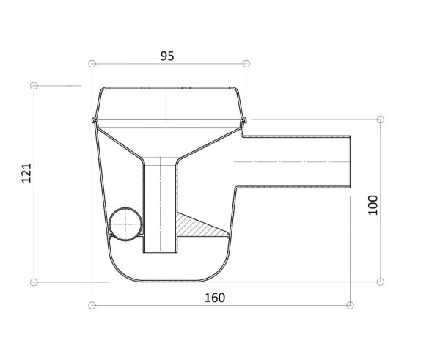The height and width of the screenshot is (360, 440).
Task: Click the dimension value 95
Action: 167,56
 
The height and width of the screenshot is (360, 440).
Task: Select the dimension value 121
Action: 26,173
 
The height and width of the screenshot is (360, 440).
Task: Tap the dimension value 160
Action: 215,298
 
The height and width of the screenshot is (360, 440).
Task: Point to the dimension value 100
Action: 373,205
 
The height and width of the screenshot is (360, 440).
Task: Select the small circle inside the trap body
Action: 125,224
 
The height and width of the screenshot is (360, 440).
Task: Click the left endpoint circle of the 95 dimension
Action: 92,64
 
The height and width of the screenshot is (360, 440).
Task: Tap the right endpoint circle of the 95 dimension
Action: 246,64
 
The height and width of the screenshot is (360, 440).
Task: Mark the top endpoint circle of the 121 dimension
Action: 34,86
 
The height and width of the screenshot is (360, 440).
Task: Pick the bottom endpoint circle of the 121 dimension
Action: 34,282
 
